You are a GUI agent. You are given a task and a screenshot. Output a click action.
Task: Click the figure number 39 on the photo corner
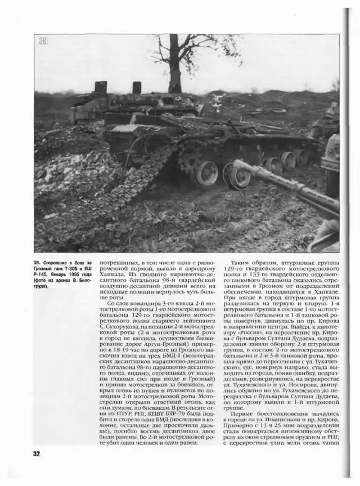pos(42,41)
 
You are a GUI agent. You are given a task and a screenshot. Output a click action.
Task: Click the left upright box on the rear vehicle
pos(101,87)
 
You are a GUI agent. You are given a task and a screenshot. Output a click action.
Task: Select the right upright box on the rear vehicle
pos(137,88)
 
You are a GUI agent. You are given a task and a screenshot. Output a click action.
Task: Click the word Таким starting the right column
pos(244,263)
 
